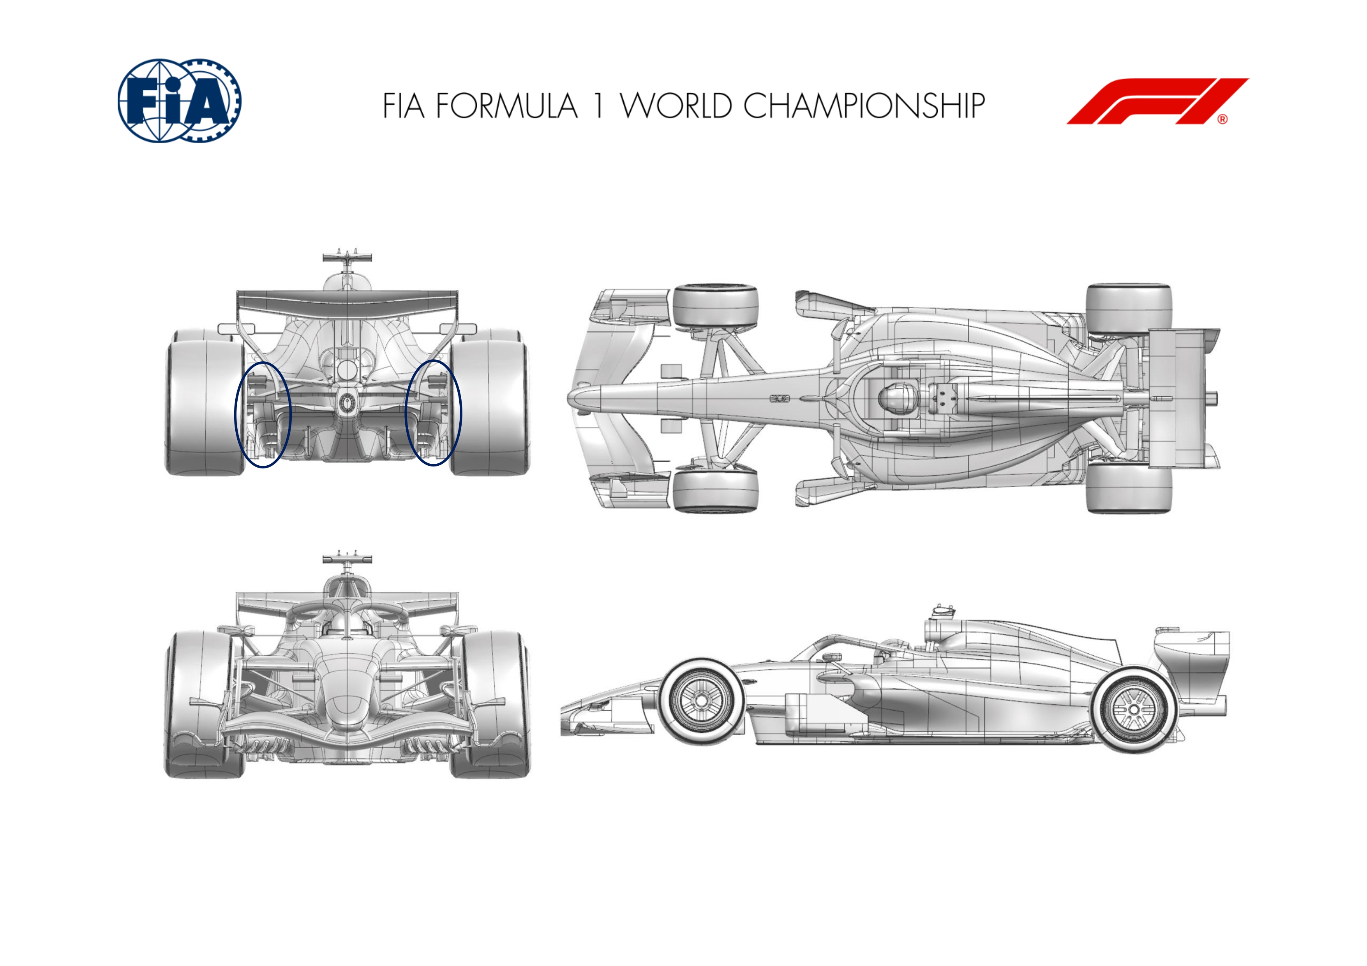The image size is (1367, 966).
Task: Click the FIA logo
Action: point(179,100)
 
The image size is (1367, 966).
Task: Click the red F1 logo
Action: point(1157,101)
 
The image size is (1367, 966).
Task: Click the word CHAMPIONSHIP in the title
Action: point(864,106)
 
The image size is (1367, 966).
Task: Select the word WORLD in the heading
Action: point(676,106)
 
